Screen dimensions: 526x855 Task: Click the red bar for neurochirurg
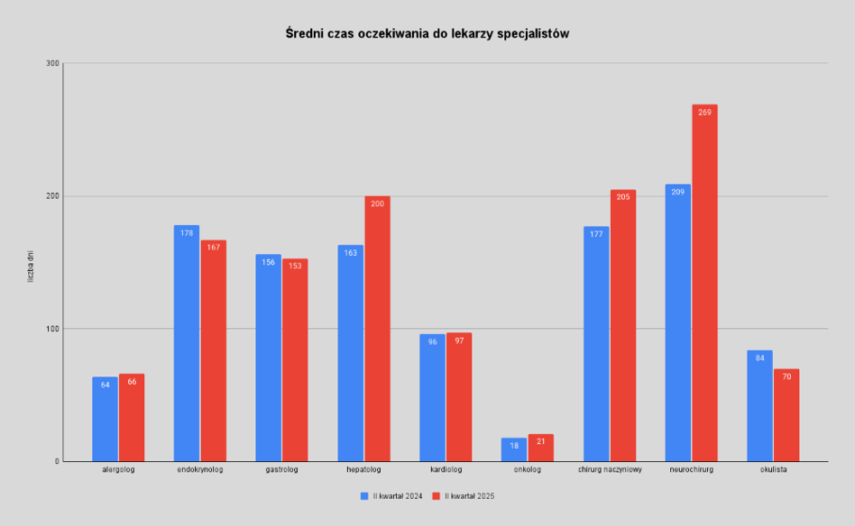pyautogui.click(x=704, y=284)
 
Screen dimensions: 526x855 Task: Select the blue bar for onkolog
pyautogui.click(x=514, y=449)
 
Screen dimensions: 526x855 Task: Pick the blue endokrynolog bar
pyautogui.click(x=187, y=343)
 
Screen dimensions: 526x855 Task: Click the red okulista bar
pyautogui.click(x=786, y=415)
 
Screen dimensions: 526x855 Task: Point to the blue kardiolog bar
pyautogui.click(x=432, y=397)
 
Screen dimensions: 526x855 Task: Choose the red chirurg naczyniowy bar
pyautogui.click(x=623, y=325)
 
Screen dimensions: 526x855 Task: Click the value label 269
pyautogui.click(x=704, y=113)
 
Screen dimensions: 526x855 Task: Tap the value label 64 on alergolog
pyautogui.click(x=106, y=385)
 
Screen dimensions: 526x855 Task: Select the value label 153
pyautogui.click(x=295, y=267)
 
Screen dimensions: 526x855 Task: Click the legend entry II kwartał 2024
pyautogui.click(x=393, y=495)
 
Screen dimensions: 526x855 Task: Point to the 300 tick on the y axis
pyautogui.click(x=51, y=63)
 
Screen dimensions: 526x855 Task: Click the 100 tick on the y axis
pyautogui.click(x=51, y=329)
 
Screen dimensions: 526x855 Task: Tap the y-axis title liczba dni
pyautogui.click(x=30, y=267)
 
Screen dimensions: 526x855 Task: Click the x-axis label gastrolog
pyautogui.click(x=281, y=469)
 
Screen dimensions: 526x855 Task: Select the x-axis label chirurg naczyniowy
pyautogui.click(x=610, y=469)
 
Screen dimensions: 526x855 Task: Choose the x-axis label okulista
pyautogui.click(x=774, y=469)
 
